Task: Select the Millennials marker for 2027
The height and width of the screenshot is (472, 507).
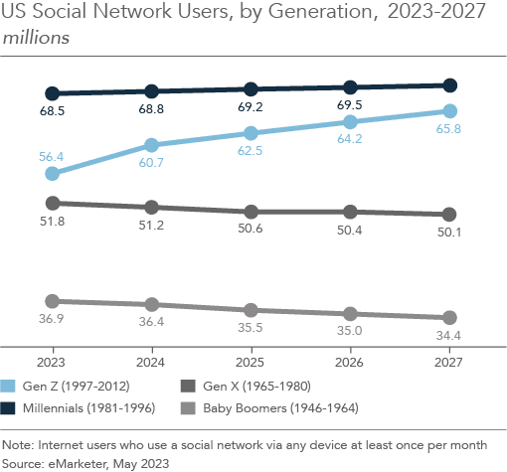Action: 449,85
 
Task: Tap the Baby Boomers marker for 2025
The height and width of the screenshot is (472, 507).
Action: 252,309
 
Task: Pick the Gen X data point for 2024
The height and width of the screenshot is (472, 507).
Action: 152,207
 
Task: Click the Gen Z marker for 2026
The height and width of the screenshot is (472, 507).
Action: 350,122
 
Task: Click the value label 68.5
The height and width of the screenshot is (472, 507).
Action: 53,112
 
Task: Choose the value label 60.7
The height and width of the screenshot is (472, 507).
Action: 152,163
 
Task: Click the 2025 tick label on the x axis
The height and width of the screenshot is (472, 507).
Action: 252,362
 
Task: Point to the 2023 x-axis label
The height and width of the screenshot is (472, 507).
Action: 53,362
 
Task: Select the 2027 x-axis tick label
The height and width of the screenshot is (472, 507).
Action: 449,362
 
